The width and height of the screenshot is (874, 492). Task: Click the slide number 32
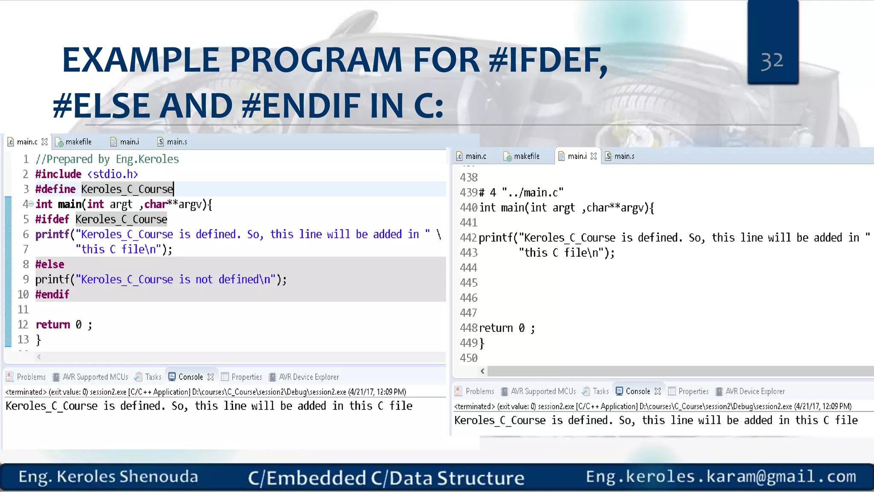pyautogui.click(x=772, y=61)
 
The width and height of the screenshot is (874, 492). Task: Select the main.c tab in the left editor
pyautogui.click(x=27, y=142)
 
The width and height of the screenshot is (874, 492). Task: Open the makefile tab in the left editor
pyautogui.click(x=78, y=142)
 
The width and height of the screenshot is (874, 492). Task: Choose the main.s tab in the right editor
pyautogui.click(x=624, y=156)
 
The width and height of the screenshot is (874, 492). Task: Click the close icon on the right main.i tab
pyautogui.click(x=594, y=156)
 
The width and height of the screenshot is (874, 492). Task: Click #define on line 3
pyautogui.click(x=55, y=189)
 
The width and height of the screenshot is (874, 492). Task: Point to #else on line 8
pyautogui.click(x=50, y=264)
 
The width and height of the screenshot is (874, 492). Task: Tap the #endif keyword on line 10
pyautogui.click(x=52, y=294)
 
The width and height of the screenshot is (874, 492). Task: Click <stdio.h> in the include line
pyautogui.click(x=113, y=174)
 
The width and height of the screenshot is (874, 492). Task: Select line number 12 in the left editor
pyautogui.click(x=23, y=325)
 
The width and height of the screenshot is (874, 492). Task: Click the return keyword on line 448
pyautogui.click(x=496, y=328)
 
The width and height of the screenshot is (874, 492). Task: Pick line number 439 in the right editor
pyautogui.click(x=468, y=193)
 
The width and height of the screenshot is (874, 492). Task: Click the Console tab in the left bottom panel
pyautogui.click(x=190, y=377)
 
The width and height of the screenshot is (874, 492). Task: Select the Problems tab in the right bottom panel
pyautogui.click(x=479, y=391)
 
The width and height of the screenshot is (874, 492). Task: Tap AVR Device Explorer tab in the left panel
pyautogui.click(x=309, y=377)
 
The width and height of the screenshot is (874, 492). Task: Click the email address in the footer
pyautogui.click(x=721, y=476)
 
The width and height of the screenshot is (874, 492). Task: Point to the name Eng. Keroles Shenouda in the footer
pyautogui.click(x=108, y=477)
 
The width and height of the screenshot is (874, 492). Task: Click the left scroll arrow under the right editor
pyautogui.click(x=482, y=371)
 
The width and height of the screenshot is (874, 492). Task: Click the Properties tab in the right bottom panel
pyautogui.click(x=693, y=391)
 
